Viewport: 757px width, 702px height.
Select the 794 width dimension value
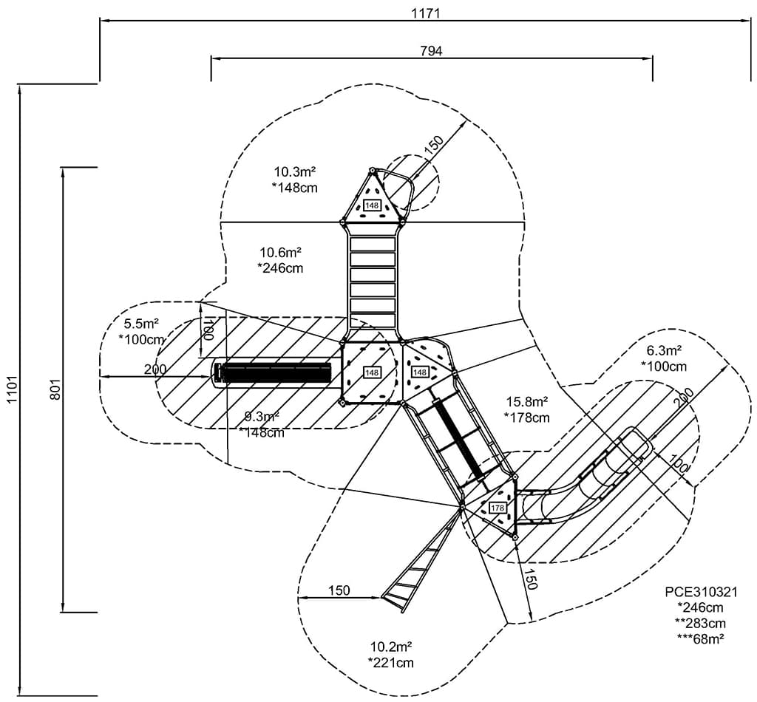click(430, 50)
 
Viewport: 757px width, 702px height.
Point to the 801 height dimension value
click(54, 390)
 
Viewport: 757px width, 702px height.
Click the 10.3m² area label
click(296, 172)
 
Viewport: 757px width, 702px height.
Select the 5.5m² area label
click(140, 323)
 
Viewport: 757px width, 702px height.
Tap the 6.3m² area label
click(664, 350)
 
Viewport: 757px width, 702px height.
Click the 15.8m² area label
click(526, 402)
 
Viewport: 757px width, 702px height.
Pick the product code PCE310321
click(700, 592)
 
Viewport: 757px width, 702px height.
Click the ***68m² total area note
click(700, 638)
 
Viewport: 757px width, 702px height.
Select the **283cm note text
click(700, 622)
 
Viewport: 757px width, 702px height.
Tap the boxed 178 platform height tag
click(497, 508)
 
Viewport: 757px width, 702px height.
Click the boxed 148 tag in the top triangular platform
click(372, 205)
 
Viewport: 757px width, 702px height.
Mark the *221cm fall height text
click(390, 662)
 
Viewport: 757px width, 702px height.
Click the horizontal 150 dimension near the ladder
click(338, 590)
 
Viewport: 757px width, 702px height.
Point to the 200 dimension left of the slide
click(155, 369)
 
